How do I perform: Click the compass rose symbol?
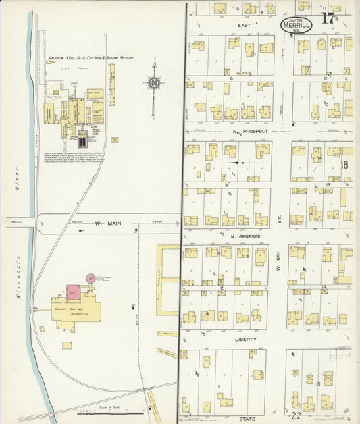tap(154, 83)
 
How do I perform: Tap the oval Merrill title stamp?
tap(297, 25)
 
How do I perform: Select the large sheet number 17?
tap(328, 18)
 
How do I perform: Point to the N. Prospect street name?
tap(250, 131)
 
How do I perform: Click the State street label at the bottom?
tap(247, 419)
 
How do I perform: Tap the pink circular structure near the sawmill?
tap(91, 278)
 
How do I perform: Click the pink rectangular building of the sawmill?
tap(72, 292)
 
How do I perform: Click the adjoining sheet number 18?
tap(344, 164)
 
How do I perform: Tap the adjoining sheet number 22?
tap(297, 415)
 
